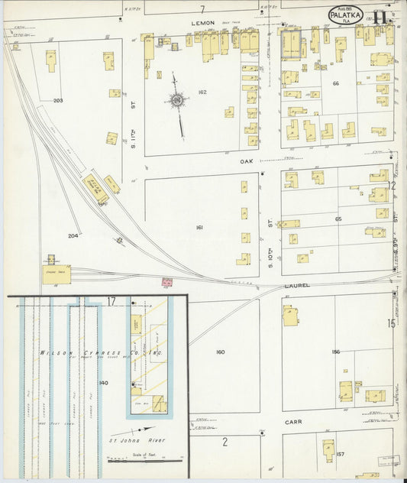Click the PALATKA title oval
[x=345, y=15]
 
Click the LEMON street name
[x=204, y=24]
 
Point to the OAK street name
[x=246, y=160]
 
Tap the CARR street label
[x=294, y=421]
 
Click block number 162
[x=202, y=92]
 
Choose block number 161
[x=199, y=228]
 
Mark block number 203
[x=58, y=100]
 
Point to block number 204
[x=73, y=235]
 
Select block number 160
[x=220, y=352]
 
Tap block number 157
[x=340, y=454]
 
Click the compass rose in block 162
[x=177, y=100]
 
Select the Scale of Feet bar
[x=145, y=460]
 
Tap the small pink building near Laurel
[x=166, y=283]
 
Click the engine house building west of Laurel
[x=56, y=274]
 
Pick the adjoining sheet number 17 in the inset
[x=111, y=302]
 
